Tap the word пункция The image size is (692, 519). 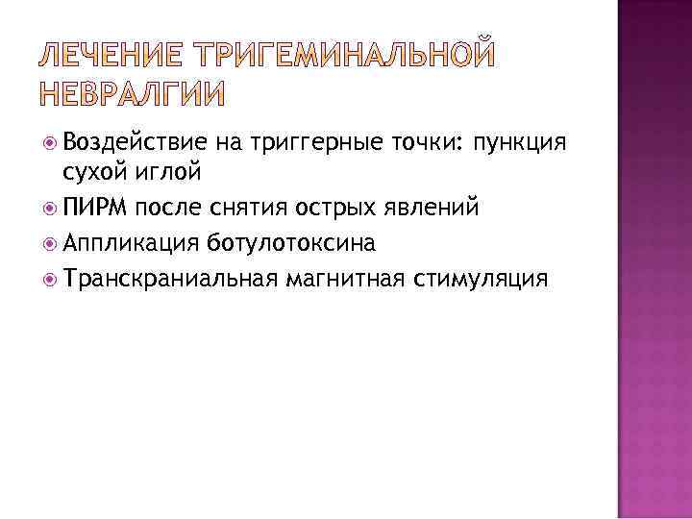point(520,144)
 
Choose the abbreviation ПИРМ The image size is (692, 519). point(96,208)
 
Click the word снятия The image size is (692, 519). point(241,208)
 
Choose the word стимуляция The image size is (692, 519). point(479,279)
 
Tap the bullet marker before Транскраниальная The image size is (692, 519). point(50,279)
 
